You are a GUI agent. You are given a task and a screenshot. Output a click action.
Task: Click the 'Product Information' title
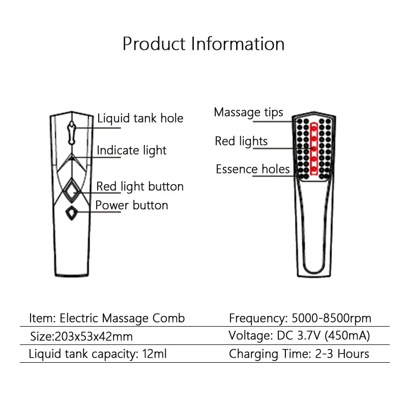pos(203,44)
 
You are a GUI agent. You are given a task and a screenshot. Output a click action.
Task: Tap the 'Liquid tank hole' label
pos(140,119)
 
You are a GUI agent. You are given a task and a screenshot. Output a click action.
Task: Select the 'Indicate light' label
pos(132,150)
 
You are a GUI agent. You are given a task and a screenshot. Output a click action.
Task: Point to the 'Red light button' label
pos(140,186)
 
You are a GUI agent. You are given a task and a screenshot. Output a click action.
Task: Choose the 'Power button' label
pos(132,205)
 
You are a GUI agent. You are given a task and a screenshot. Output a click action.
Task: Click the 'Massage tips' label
pos(248,112)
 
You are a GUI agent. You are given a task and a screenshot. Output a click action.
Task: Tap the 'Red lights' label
pos(241,141)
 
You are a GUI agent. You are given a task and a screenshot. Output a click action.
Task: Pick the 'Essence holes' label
pos(252,169)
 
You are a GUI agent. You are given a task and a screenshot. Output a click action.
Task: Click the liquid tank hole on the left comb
pos(72,130)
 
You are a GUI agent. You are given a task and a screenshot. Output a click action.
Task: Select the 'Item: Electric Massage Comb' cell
pos(107,318)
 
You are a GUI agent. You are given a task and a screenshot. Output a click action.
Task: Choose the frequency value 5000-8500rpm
pos(331,318)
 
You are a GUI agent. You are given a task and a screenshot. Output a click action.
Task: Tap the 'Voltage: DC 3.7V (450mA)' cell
pos(299,336)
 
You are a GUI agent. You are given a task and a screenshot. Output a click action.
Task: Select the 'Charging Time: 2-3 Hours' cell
pos(299,354)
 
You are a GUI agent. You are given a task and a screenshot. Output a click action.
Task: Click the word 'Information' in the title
pos(238,44)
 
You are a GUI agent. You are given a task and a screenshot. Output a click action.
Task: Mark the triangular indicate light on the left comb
pos(72,158)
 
